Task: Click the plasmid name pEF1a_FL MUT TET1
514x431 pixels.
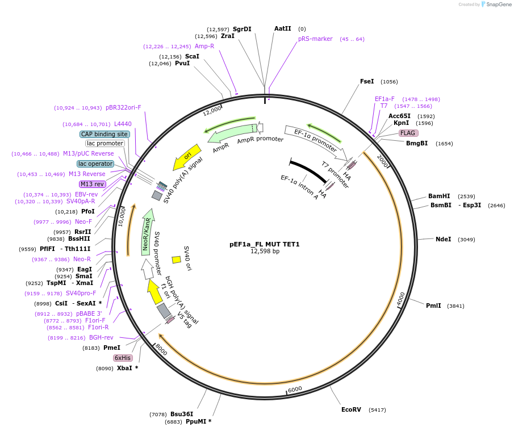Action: [x=264, y=244]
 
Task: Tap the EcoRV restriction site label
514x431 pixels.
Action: [x=351, y=409]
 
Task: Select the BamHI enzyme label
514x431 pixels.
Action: [x=439, y=196]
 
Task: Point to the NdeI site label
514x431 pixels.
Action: [x=443, y=239]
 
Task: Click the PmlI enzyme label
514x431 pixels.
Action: [x=433, y=306]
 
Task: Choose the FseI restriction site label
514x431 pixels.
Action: [x=367, y=81]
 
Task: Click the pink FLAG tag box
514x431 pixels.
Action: [x=408, y=133]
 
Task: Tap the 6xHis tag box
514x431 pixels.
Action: [x=123, y=358]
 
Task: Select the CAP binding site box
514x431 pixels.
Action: [x=105, y=134]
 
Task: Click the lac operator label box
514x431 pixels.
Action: [x=95, y=164]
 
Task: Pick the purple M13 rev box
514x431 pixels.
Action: [x=92, y=184]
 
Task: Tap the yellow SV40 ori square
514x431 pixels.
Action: [x=176, y=260]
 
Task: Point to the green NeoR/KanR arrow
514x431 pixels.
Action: [x=147, y=234]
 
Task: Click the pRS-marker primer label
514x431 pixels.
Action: [x=315, y=39]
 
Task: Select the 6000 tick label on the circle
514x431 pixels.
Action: [x=295, y=390]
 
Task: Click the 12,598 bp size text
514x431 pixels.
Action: [x=265, y=251]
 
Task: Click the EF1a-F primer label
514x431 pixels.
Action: [x=385, y=99]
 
